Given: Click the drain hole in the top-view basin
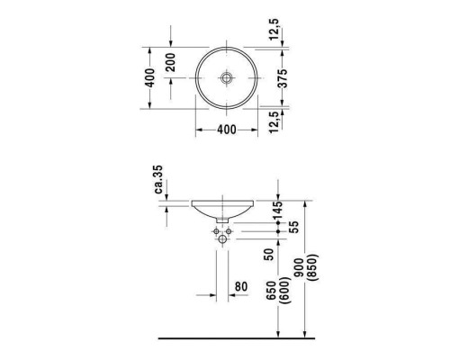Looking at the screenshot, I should (226, 77).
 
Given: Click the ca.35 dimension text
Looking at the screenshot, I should (157, 180).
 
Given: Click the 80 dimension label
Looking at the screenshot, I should (240, 288).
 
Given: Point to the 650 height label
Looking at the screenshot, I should (271, 292).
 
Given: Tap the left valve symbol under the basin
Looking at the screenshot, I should (216, 232).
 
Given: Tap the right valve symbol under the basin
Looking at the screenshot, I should (235, 232).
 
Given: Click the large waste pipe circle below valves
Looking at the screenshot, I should (226, 242).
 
